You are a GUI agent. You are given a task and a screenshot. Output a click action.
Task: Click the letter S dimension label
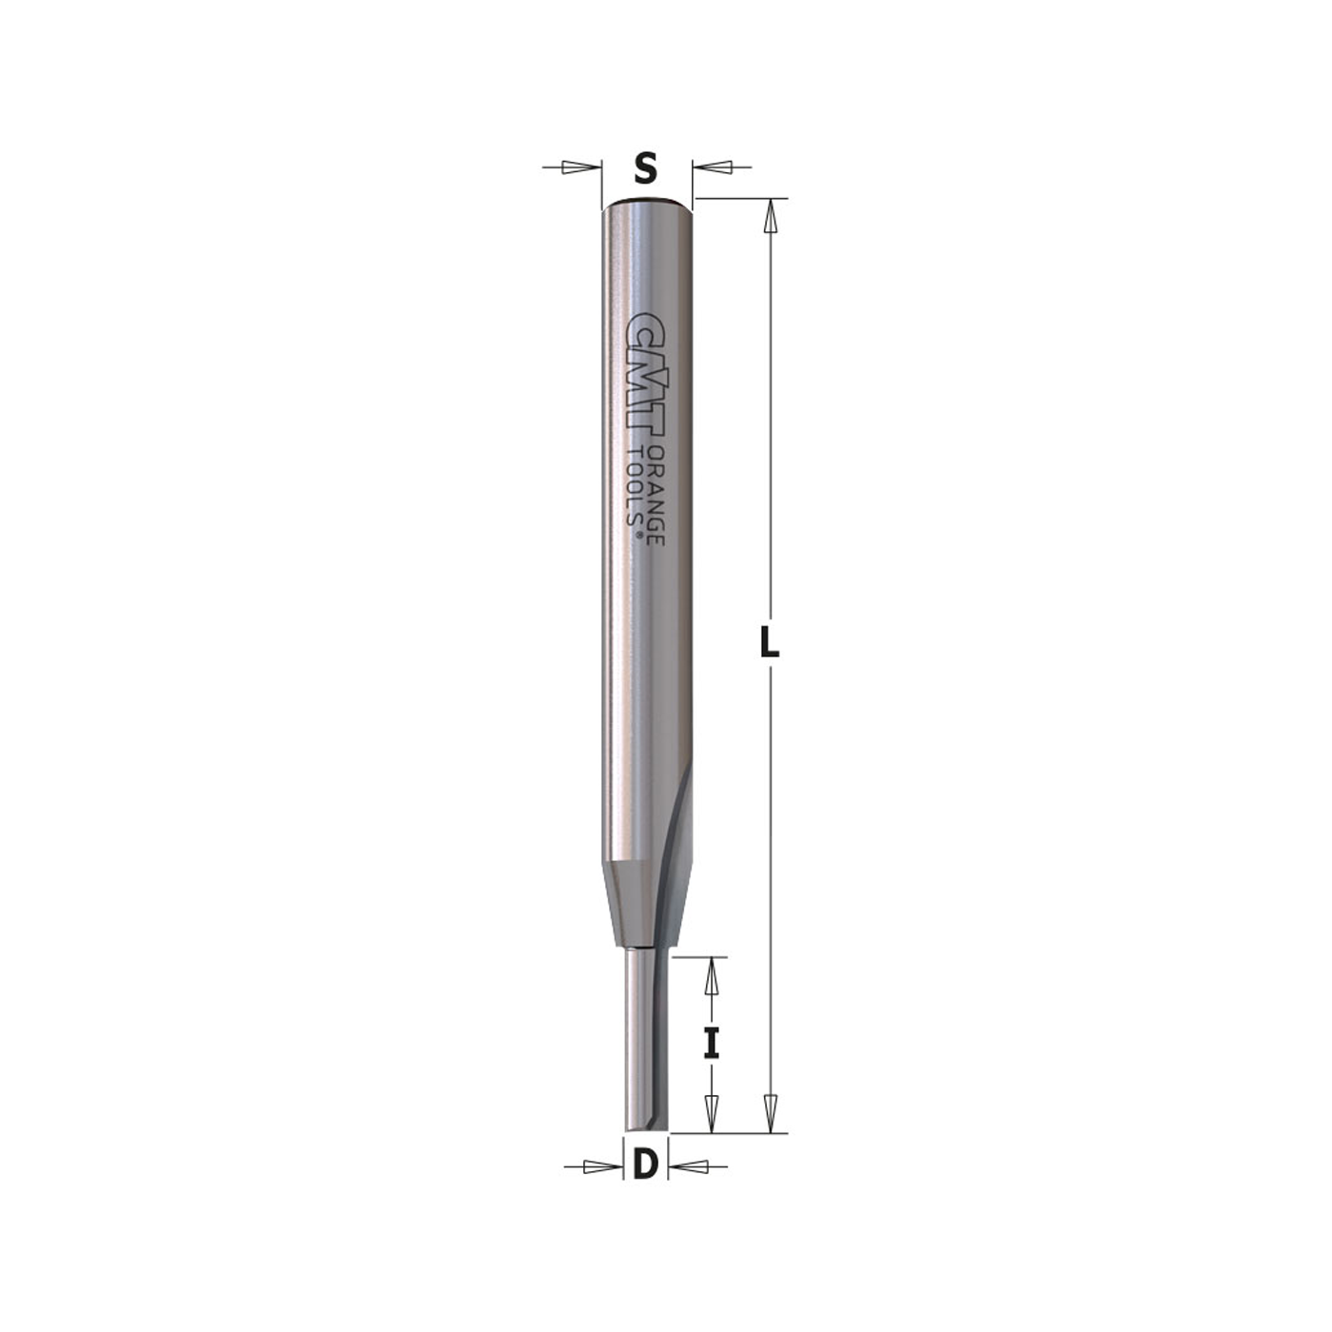[x=646, y=169]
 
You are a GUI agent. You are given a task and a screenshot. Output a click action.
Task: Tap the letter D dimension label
[x=645, y=1165]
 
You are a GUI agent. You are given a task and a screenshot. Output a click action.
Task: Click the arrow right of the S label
[x=715, y=167]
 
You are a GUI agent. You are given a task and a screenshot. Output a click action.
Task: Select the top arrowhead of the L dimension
[x=771, y=218]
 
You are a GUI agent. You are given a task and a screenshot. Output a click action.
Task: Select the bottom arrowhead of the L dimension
[x=771, y=1112]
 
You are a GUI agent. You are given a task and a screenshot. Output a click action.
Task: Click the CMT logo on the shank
[x=647, y=376]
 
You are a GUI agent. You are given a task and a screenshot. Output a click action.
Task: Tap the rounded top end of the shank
[x=647, y=203]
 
